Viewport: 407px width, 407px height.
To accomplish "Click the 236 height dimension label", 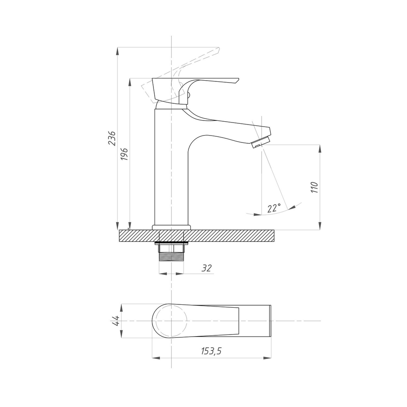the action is click(x=112, y=138).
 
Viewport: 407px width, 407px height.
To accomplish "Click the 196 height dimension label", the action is click(x=125, y=154).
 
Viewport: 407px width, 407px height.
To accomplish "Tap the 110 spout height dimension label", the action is click(x=314, y=187).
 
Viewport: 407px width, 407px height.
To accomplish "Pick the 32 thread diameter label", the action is click(x=207, y=268).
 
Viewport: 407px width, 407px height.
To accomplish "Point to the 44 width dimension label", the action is click(x=115, y=321).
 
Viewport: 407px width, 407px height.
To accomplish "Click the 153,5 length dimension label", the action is click(x=211, y=351).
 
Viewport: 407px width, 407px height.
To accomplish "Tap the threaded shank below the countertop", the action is click(x=171, y=257).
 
